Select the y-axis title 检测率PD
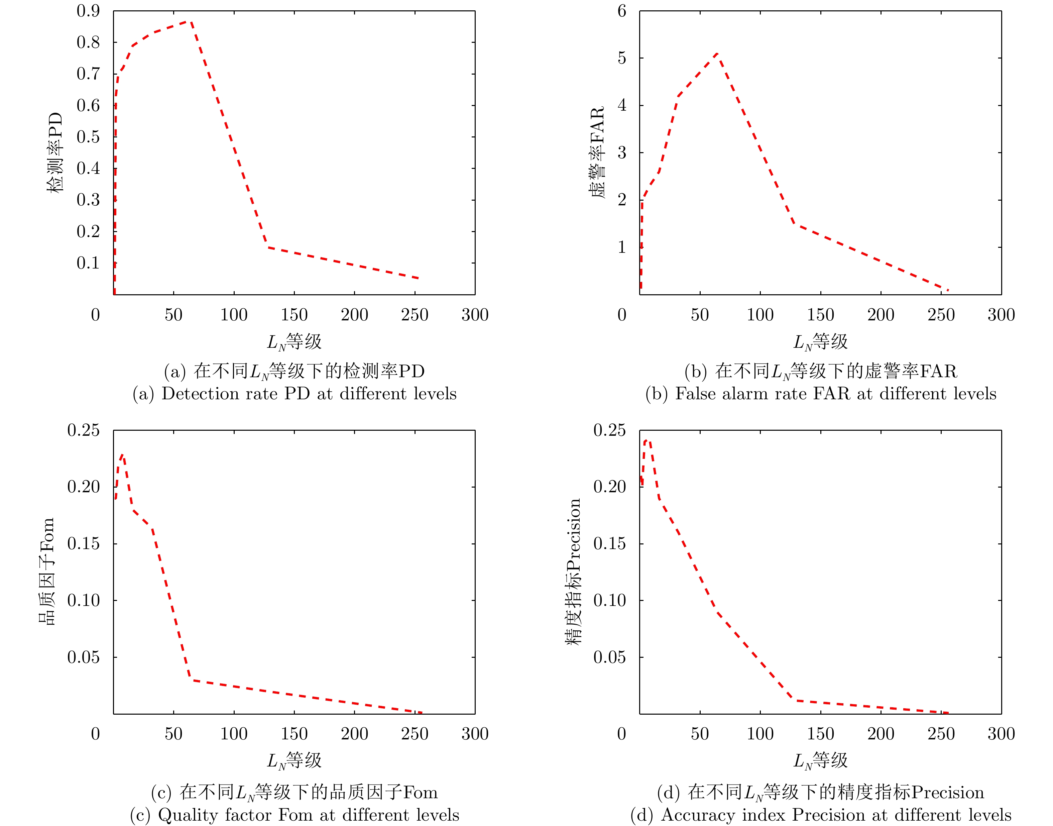[x=54, y=153]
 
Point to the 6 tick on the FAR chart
[x=622, y=11]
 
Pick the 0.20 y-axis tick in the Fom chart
[x=83, y=487]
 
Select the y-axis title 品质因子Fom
[x=46, y=572]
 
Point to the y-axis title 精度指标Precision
[x=573, y=572]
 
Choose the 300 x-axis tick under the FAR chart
[x=1001, y=315]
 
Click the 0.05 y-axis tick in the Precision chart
[x=609, y=657]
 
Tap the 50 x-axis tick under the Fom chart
[x=173, y=734]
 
